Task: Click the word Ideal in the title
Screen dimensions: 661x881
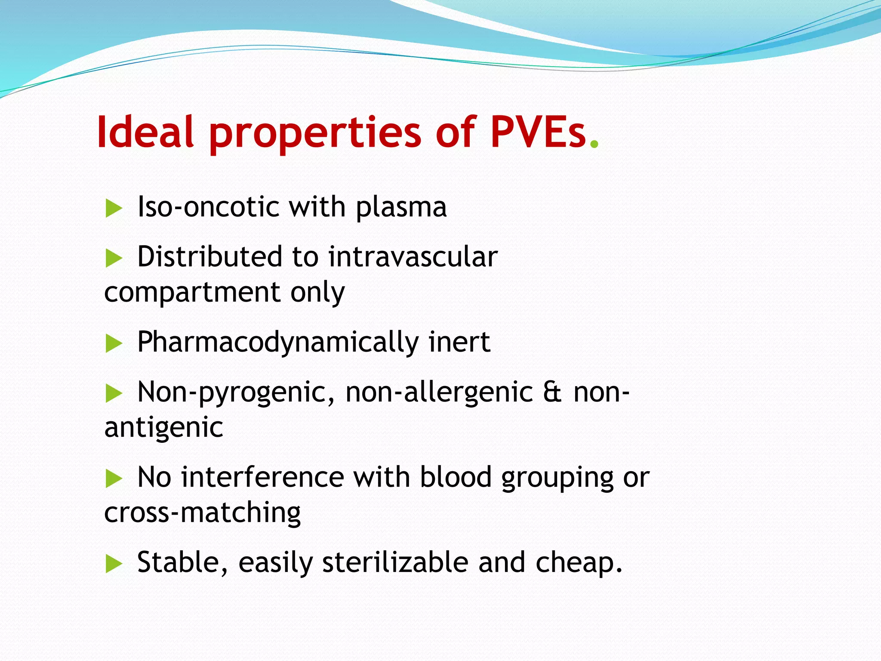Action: click(x=145, y=132)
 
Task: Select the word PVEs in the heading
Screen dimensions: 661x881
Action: click(x=538, y=132)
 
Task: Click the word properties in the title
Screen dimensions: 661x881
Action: click(x=315, y=133)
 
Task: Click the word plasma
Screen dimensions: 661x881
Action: click(x=401, y=208)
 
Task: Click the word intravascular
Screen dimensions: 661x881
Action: click(x=413, y=257)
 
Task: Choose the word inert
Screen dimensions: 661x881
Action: click(x=459, y=342)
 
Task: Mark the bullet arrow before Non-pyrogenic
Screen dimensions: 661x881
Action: click(x=114, y=393)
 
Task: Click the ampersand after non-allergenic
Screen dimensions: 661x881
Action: click(x=552, y=392)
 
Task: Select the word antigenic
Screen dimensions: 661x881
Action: click(x=163, y=428)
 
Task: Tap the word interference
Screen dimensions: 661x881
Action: click(x=262, y=477)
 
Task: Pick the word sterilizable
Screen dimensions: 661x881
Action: click(x=395, y=562)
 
